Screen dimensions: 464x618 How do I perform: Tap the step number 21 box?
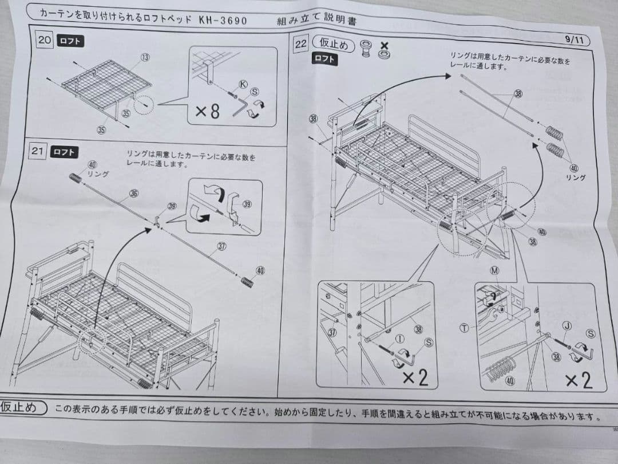(38, 151)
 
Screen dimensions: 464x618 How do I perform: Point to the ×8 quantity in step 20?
(207, 111)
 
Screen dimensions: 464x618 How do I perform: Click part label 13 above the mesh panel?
(145, 58)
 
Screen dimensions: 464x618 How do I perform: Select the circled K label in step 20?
(243, 84)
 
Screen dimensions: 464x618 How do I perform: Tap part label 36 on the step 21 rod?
(134, 194)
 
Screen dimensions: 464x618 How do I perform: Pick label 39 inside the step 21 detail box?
(247, 204)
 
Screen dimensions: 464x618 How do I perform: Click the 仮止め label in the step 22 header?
(334, 44)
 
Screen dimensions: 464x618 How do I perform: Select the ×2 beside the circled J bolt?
(579, 380)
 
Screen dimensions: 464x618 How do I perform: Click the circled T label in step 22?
(464, 328)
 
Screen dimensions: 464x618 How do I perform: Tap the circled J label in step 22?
(566, 326)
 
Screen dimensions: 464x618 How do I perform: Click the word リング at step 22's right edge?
(576, 178)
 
